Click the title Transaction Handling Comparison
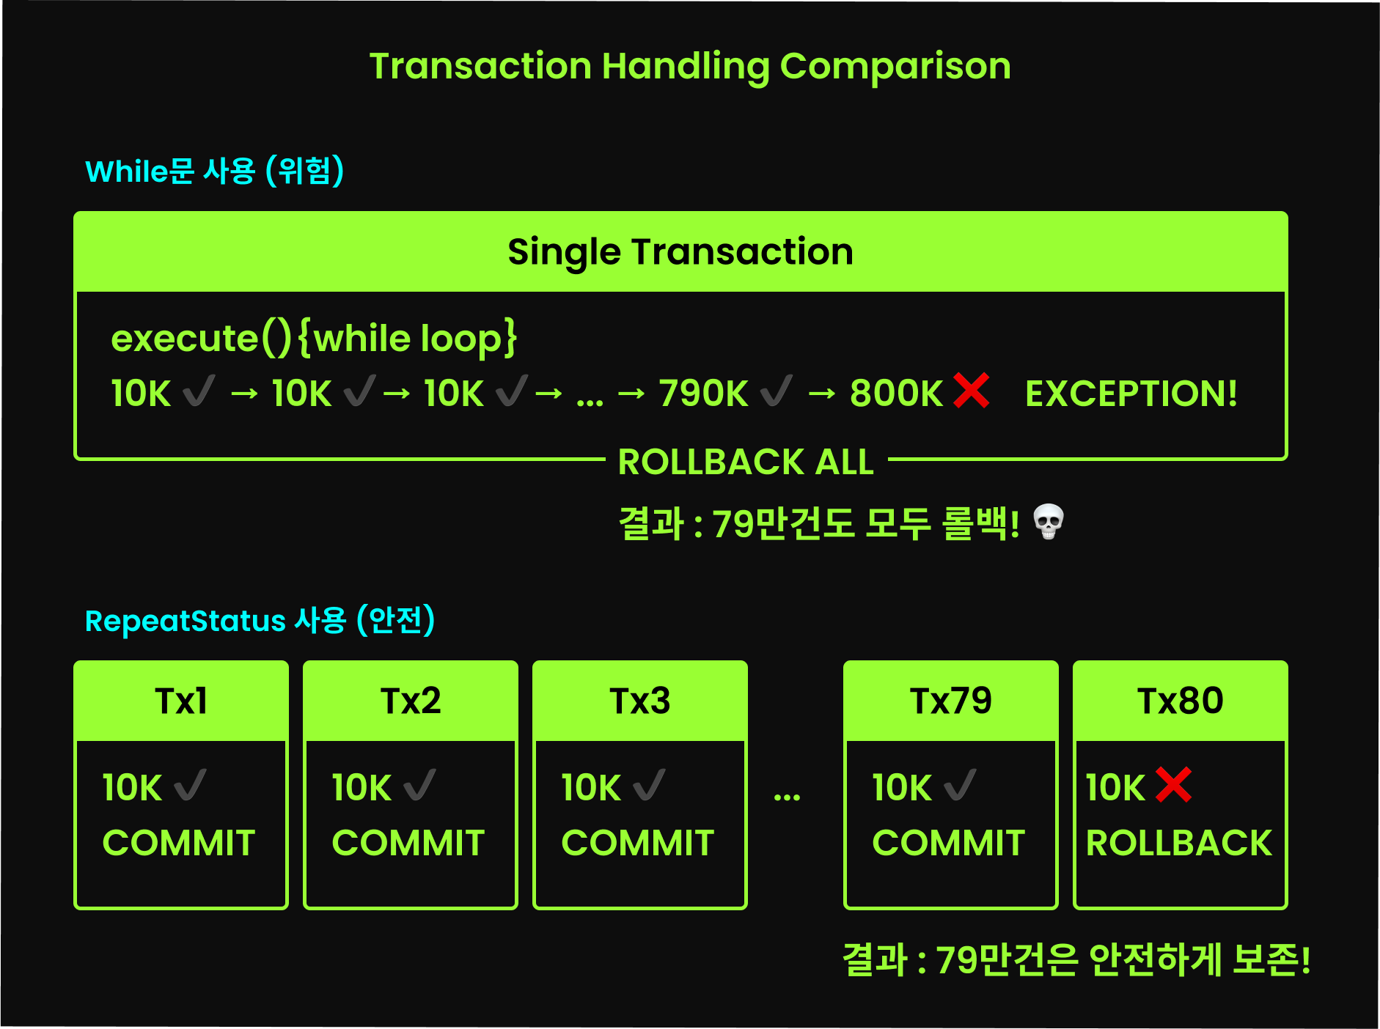689,66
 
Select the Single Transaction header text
680,251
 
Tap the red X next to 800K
971,390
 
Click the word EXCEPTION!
1131,394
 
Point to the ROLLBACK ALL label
746,462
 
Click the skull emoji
1048,522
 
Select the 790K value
703,394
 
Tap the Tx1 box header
181,701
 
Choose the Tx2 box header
411,701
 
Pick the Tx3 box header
639,701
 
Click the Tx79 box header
950,701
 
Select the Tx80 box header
1180,701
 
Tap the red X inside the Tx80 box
1173,785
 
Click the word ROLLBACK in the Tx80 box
1178,843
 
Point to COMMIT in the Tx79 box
948,843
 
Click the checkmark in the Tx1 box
191,786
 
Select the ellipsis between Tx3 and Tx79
787,795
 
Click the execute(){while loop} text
314,339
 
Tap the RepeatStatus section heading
260,621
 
